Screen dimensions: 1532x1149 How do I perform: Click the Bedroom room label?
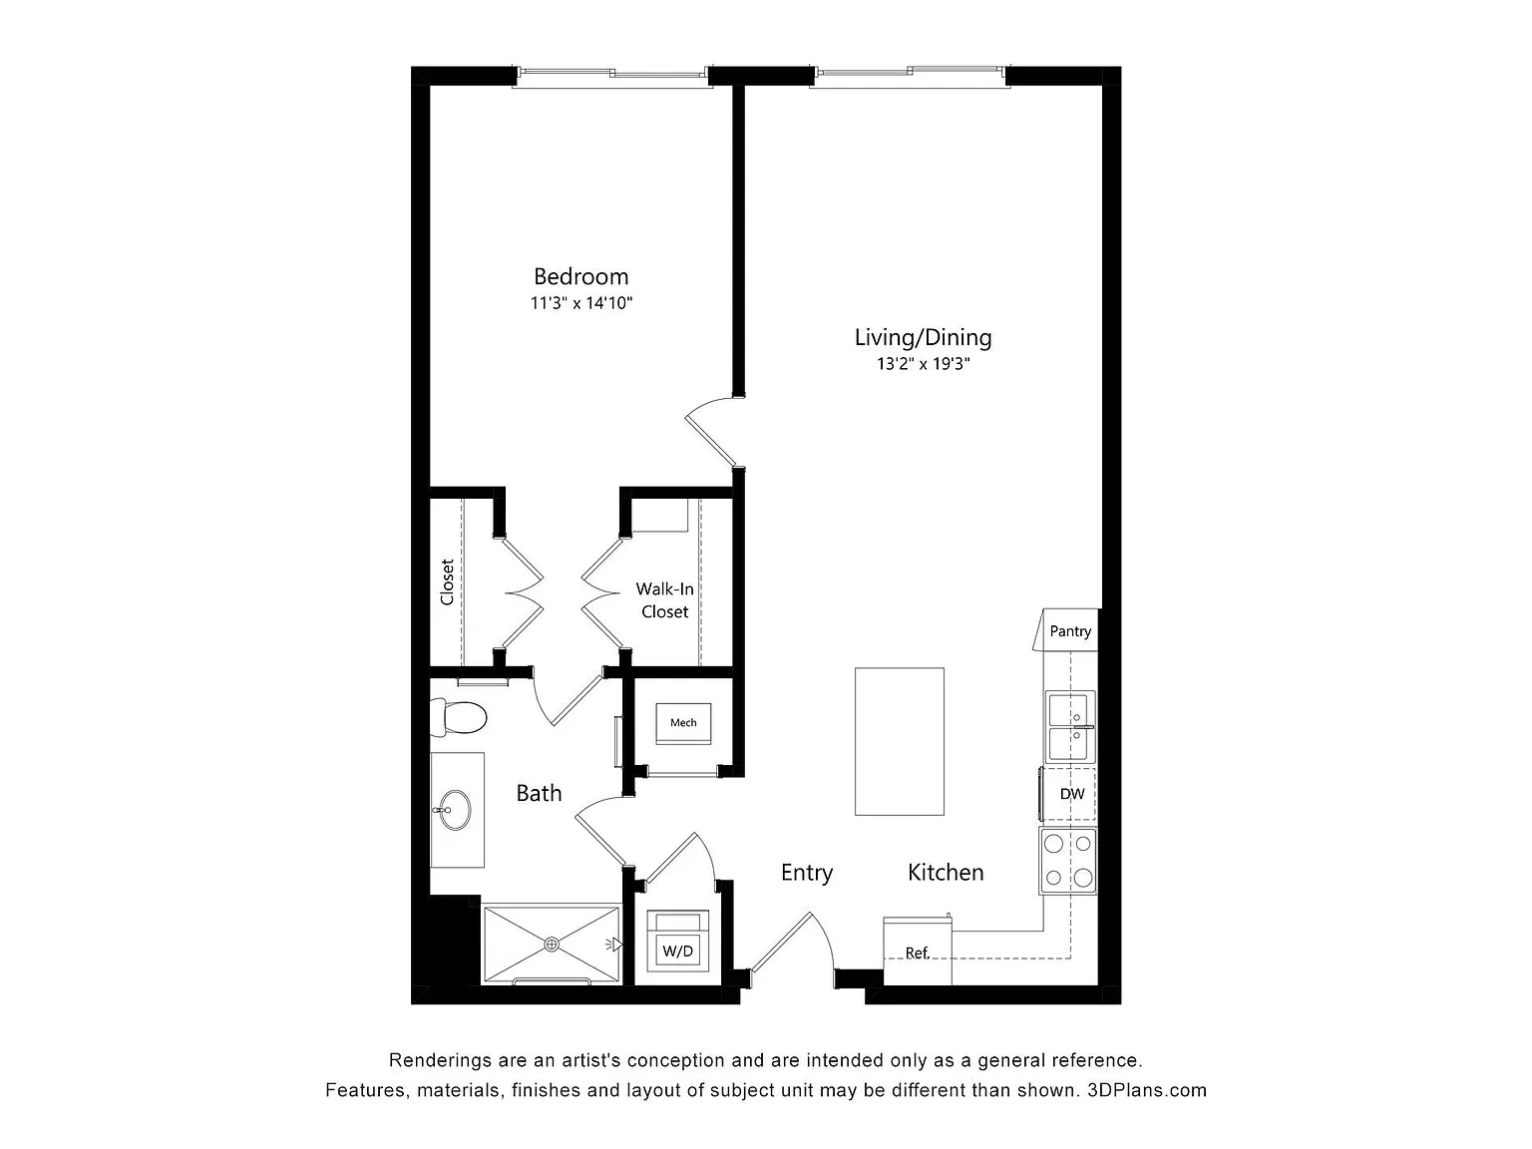(580, 276)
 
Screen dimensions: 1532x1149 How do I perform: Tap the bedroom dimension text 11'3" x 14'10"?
(581, 303)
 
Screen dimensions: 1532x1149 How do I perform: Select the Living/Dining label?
(923, 338)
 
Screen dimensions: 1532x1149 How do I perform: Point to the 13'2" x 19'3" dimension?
(923, 363)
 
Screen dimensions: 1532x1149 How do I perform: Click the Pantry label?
(1070, 631)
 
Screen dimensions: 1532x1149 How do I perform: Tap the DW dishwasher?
(1068, 794)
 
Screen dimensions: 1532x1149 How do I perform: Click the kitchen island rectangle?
(900, 742)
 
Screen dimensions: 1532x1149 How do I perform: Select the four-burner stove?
(1068, 862)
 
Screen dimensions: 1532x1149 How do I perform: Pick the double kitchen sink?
(1070, 726)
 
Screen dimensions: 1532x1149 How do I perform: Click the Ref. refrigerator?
(918, 951)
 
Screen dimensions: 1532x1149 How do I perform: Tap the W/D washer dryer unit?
(677, 941)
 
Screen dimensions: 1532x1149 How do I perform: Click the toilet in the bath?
(458, 717)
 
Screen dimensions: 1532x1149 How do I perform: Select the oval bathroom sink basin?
(455, 810)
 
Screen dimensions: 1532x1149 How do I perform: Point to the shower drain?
(552, 945)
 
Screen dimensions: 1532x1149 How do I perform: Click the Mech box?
(683, 723)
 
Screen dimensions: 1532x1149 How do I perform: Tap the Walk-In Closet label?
(664, 600)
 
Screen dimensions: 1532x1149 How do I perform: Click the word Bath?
(539, 793)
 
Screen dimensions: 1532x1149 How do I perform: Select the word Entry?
(807, 873)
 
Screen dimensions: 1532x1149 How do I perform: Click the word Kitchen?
(946, 872)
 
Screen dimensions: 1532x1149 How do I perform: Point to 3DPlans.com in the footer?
(1147, 1090)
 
